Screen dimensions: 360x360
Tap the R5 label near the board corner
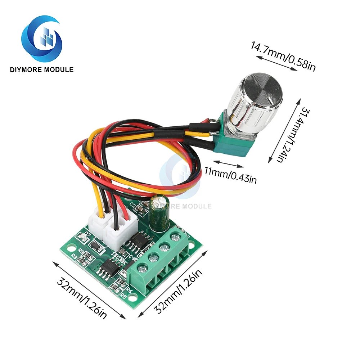pyautogui.click(x=123, y=296)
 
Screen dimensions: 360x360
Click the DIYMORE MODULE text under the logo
pyautogui.click(x=42, y=69)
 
